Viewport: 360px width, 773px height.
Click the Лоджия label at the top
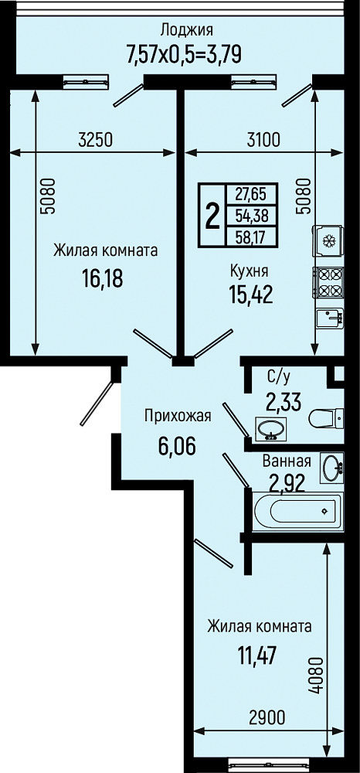[x=187, y=31]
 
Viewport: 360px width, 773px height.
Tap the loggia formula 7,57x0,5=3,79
[x=184, y=53]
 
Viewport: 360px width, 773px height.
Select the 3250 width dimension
[x=96, y=141]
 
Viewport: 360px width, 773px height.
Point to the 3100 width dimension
[x=263, y=141]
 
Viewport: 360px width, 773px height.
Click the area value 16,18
[x=103, y=278]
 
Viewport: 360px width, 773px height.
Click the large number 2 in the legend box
[x=212, y=216]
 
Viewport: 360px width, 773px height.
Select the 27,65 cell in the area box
[x=250, y=194]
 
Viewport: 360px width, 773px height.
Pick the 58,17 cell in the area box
[x=250, y=238]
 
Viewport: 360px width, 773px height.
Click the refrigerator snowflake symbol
[x=328, y=241]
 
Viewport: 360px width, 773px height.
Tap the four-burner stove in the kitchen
[x=328, y=283]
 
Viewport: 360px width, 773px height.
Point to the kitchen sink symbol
[x=328, y=318]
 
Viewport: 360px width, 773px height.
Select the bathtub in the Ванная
[x=298, y=511]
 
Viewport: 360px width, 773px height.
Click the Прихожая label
[x=178, y=416]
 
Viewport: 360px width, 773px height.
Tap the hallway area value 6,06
[x=177, y=447]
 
